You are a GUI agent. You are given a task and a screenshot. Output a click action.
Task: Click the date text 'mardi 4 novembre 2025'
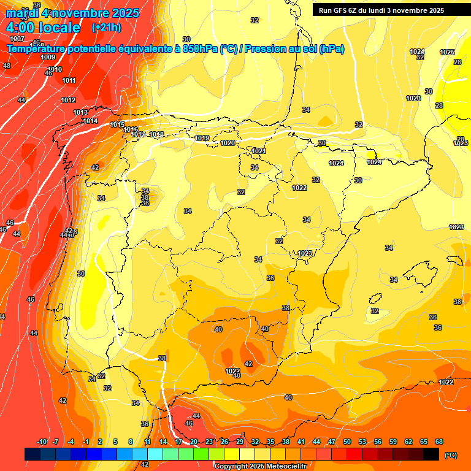pyautogui.click(x=72, y=13)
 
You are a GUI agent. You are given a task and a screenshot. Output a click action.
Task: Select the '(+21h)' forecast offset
pyautogui.click(x=106, y=28)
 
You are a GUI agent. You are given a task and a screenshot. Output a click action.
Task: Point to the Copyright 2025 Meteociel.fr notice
pyautogui.click(x=259, y=466)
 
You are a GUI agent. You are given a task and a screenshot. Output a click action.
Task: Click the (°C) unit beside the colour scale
pyautogui.click(x=450, y=455)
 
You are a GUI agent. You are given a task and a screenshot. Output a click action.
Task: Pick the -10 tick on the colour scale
pyautogui.click(x=42, y=442)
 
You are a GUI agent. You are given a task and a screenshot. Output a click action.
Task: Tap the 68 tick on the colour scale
pyautogui.click(x=439, y=442)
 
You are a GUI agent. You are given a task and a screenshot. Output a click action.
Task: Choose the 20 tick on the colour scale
pyautogui.click(x=194, y=442)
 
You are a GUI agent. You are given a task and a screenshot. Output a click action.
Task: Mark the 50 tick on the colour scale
pyautogui.click(x=347, y=442)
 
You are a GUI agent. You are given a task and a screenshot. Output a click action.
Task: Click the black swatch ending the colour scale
pyautogui.click(x=431, y=454)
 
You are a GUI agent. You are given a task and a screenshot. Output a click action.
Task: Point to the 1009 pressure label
pyautogui.click(x=48, y=57)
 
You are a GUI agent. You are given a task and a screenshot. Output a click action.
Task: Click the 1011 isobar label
pyautogui.click(x=69, y=80)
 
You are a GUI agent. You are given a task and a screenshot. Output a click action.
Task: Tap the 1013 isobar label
pyautogui.click(x=80, y=112)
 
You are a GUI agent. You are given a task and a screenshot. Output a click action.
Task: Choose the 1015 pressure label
pyautogui.click(x=118, y=125)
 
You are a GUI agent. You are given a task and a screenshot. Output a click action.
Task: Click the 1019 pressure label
pyautogui.click(x=202, y=138)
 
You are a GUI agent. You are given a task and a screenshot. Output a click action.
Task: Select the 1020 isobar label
pyautogui.click(x=228, y=143)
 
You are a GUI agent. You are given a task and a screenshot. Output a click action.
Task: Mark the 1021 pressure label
pyautogui.click(x=259, y=151)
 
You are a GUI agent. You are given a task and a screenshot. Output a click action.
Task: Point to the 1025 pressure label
pyautogui.click(x=447, y=52)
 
